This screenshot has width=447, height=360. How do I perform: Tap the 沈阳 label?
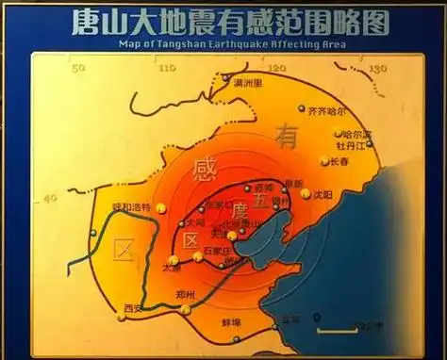pyautogui.click(x=323, y=195)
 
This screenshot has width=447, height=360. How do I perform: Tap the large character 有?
pyautogui.click(x=286, y=136)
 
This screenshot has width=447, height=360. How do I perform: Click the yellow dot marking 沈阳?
pyautogui.click(x=306, y=196)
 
